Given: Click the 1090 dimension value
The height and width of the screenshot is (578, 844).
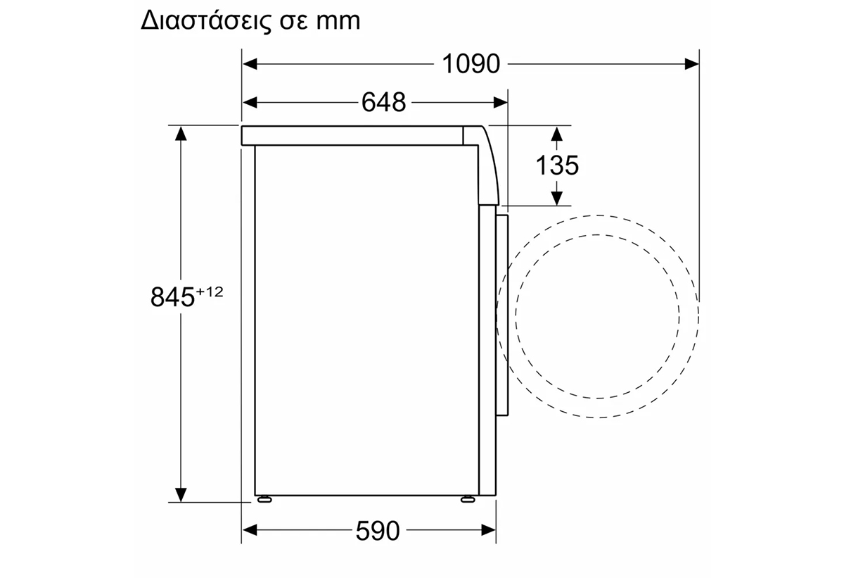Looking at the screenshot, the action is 471,64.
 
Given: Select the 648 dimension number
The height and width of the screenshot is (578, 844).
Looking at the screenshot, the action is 383,102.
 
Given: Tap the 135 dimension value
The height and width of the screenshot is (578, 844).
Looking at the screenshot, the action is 557,165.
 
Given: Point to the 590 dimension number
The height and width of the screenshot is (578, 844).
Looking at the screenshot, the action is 378,531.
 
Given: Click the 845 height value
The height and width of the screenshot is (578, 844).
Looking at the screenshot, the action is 172,297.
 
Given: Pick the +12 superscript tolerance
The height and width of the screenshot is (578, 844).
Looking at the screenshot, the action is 210,291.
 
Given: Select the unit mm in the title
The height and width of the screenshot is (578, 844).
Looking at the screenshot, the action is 338,22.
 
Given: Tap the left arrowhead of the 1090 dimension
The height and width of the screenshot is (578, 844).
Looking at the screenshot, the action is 250,64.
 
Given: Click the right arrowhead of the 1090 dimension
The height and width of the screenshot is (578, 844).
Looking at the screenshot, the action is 692,64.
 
